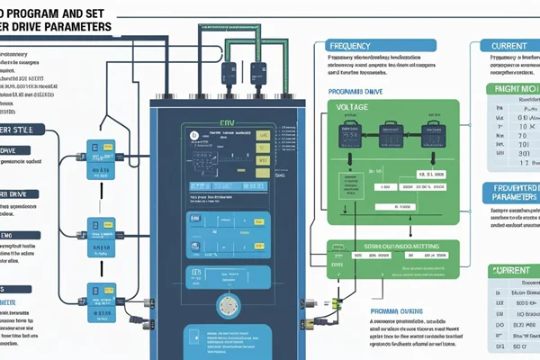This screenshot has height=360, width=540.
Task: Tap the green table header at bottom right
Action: (511, 270)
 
